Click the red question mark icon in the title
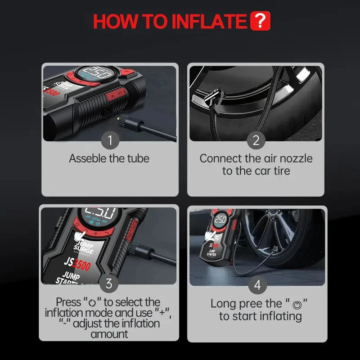[260, 21]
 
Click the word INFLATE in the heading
[209, 21]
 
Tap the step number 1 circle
[110, 140]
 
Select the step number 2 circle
[256, 140]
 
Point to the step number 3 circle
[109, 283]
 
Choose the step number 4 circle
[257, 285]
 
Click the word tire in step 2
[282, 171]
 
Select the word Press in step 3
[68, 302]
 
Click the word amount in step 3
[109, 334]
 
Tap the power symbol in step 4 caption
[297, 305]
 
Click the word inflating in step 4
[281, 316]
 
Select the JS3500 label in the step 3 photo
[77, 264]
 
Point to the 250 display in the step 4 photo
[220, 220]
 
